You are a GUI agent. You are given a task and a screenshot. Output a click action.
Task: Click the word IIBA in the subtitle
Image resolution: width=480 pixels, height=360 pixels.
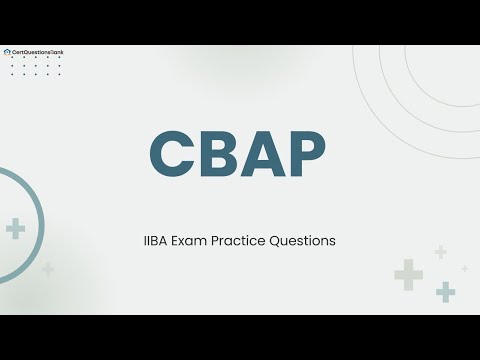tap(158, 241)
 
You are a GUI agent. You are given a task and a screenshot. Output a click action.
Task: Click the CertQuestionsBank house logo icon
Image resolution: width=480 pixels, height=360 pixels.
tap(8, 51)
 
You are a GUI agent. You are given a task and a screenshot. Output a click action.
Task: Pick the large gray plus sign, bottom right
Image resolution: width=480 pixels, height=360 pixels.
tap(408, 273)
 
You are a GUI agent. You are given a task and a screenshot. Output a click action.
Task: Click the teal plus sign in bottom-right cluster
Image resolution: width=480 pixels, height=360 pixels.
tap(445, 291)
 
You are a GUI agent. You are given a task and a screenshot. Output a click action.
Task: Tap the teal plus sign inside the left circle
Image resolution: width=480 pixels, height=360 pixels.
tap(15, 229)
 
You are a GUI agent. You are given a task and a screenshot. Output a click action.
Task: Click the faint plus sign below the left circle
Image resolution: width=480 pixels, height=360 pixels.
tap(48, 269)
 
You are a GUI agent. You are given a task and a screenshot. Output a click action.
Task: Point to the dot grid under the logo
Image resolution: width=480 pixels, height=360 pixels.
tap(35, 66)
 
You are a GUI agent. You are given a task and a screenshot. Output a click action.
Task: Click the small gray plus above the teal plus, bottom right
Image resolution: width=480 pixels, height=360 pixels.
tap(440, 252)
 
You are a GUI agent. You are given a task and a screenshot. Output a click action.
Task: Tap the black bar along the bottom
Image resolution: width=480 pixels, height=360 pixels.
tap(240, 337)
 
